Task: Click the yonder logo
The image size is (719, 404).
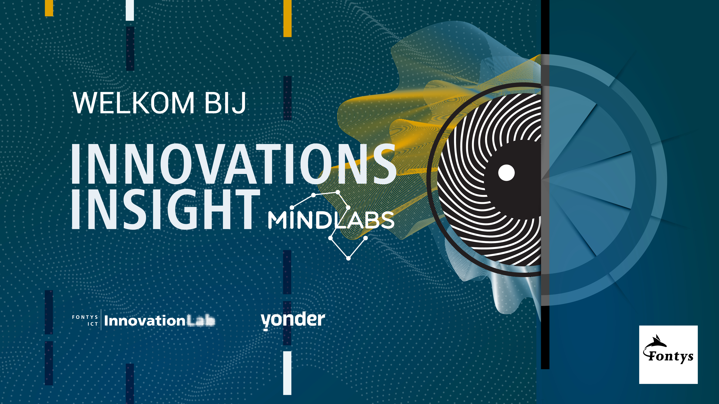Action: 293,321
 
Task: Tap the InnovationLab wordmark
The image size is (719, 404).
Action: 160,321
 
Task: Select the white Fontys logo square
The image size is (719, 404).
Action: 668,355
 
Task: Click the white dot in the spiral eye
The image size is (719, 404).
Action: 506,173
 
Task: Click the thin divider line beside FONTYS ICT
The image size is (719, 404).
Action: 101,320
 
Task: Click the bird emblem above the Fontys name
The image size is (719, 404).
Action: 656,343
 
